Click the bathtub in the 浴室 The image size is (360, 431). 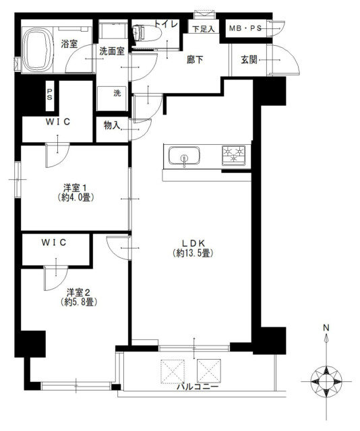38,50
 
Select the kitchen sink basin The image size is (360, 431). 184,156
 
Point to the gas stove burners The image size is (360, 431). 234,156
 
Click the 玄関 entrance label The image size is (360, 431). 249,60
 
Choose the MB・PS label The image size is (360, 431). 245,28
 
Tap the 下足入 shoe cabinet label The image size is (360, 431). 203,29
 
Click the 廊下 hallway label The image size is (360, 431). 195,60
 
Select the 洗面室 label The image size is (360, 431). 112,51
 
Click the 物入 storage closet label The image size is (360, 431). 112,125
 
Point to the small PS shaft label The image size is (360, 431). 49,94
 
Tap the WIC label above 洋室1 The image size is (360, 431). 58,122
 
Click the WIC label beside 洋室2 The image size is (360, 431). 54,242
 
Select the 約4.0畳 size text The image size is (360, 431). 76,197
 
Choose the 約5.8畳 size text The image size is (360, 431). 79,302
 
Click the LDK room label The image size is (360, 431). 193,243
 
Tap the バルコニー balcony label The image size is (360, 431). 198,387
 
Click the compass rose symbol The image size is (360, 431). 326,382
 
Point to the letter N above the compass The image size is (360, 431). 326,328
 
